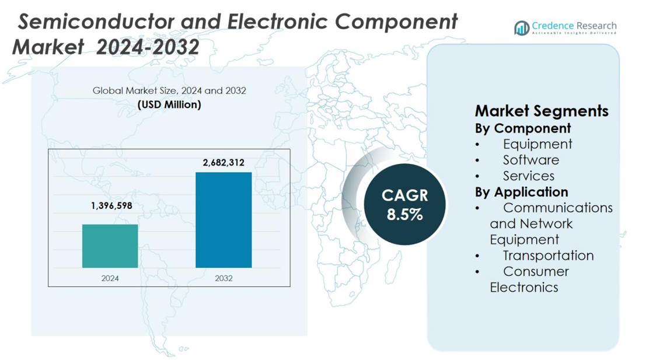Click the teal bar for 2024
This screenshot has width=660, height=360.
click(110, 246)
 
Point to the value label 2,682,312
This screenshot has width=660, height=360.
click(224, 163)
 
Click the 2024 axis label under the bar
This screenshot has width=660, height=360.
click(110, 278)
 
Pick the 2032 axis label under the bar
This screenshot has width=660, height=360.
click(224, 278)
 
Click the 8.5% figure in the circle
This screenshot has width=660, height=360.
click(404, 214)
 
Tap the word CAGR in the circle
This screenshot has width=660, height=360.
click(404, 195)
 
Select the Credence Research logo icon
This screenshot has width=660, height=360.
click(522, 27)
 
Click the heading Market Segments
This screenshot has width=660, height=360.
click(542, 111)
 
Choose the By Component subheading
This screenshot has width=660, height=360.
click(523, 128)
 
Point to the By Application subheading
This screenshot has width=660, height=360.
click(521, 192)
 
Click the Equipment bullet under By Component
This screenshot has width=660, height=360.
click(537, 144)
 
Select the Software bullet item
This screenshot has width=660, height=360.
click(531, 160)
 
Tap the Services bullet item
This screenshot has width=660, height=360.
click(529, 176)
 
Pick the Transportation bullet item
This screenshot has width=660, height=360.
click(548, 256)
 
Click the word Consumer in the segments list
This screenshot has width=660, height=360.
click(536, 271)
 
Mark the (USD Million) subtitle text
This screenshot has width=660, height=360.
click(169, 104)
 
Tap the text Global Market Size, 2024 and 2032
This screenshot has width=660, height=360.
click(169, 91)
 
